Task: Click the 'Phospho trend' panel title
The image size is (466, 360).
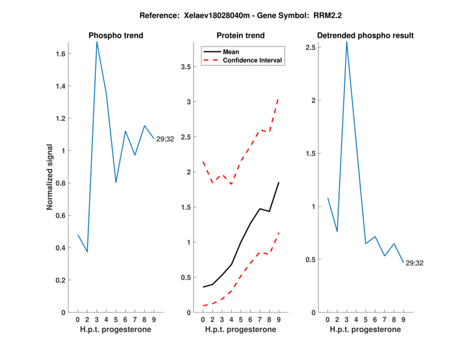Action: coord(115,36)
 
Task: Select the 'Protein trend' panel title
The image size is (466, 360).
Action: coord(241,36)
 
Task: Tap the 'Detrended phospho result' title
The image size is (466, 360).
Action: coord(365,36)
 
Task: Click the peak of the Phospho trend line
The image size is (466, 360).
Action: coord(97,42)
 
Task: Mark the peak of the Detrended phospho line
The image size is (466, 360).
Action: coord(347,42)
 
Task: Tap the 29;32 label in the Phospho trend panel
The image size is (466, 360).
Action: coord(165,139)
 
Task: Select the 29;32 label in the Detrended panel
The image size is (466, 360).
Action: coord(414,263)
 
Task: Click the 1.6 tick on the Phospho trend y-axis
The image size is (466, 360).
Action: coord(61,54)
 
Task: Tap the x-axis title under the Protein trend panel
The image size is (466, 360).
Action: coord(241,330)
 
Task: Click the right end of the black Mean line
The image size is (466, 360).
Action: coord(278,183)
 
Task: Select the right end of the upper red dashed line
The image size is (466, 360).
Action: coord(278,99)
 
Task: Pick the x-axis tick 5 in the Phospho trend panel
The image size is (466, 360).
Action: coord(115,319)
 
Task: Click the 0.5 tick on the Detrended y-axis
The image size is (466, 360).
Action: coord(312,260)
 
